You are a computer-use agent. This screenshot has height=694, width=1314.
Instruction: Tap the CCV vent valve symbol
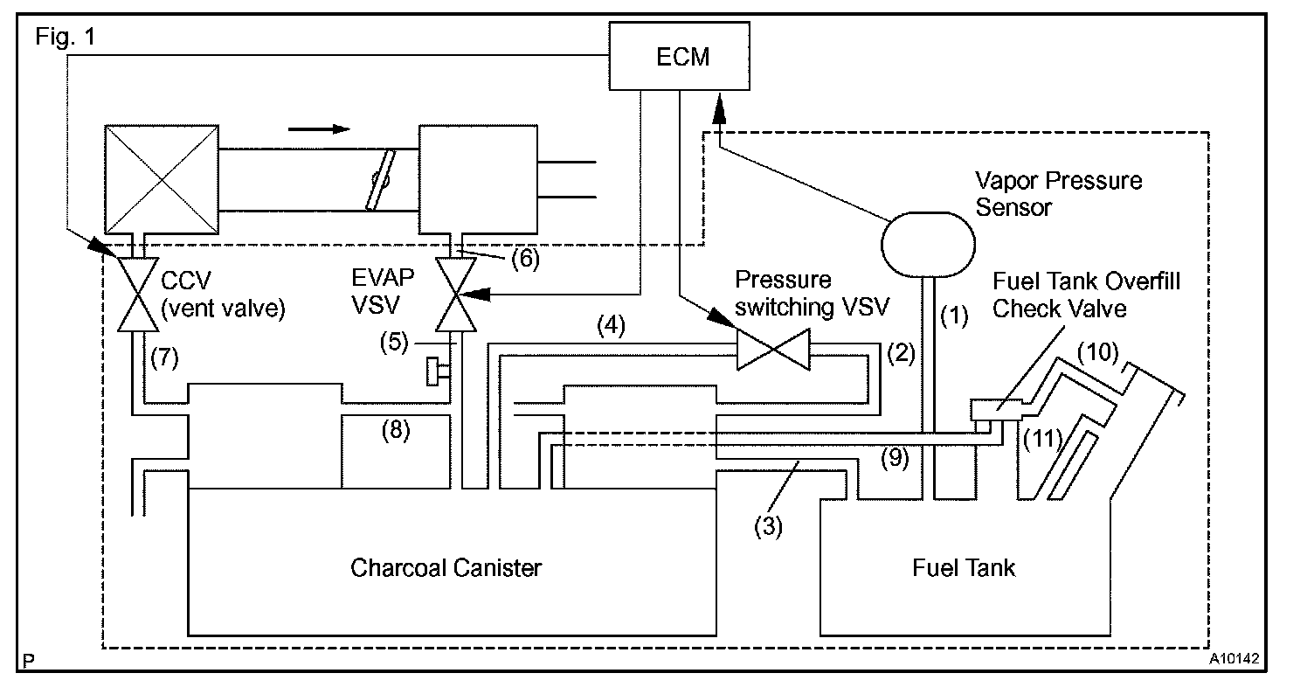pos(136,294)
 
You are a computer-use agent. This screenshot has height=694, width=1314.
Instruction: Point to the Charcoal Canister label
pos(446,567)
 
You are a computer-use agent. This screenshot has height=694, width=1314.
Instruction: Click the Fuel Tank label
pos(964,567)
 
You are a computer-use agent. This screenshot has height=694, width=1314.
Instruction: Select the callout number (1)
pos(954,316)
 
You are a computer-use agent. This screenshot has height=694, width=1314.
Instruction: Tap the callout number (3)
pos(770,525)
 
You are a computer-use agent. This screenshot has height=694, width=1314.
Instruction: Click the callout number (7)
pos(165,356)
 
